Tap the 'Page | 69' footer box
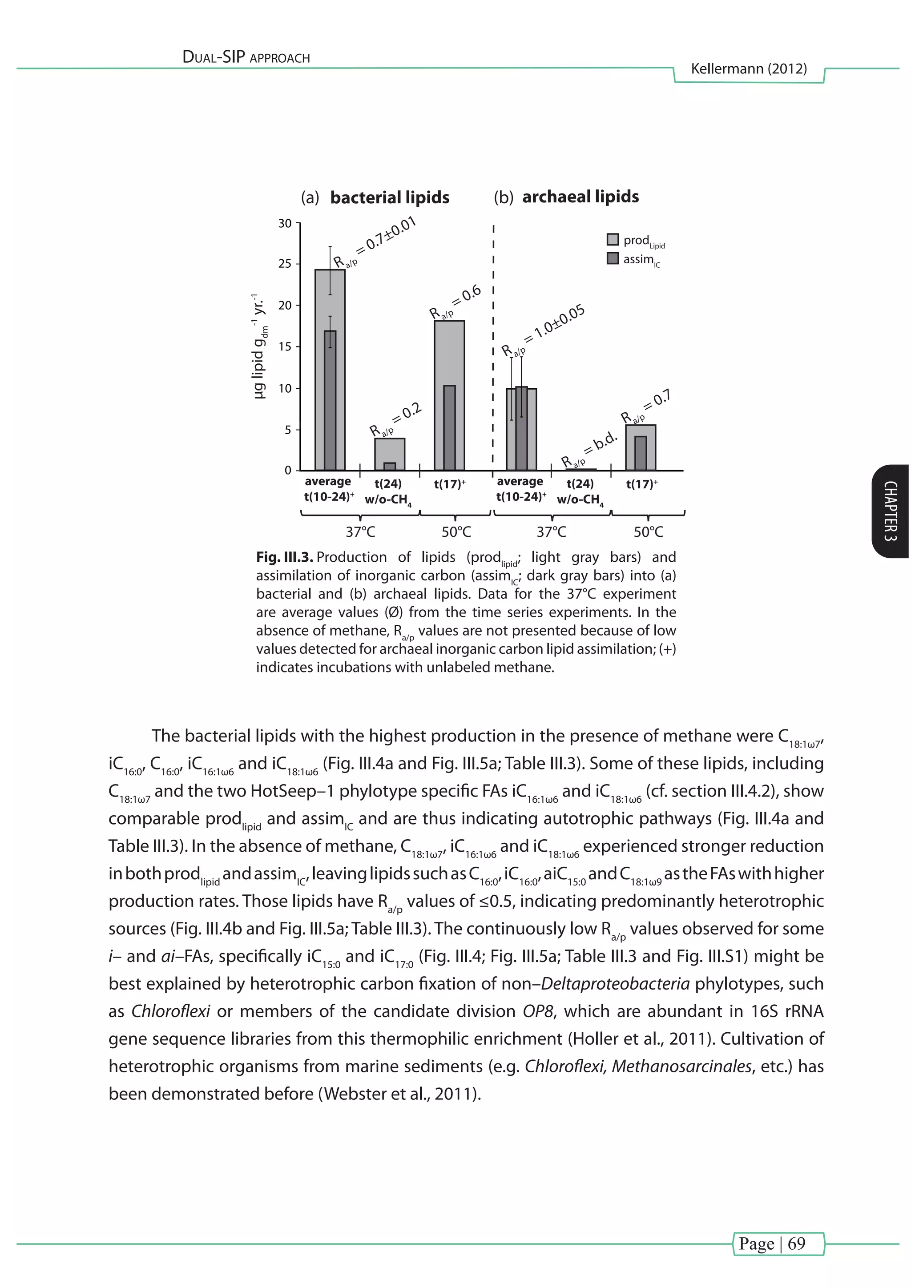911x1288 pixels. click(778, 1244)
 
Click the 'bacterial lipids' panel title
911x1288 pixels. click(389, 197)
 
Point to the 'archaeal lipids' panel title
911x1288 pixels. click(580, 197)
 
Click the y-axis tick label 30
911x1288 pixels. click(285, 224)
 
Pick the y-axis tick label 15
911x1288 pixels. click(285, 346)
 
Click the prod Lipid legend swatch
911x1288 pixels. click(613, 240)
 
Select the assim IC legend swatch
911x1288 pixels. click(613, 258)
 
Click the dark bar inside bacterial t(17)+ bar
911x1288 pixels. click(449, 427)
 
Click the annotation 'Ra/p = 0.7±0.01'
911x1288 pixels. click(374, 242)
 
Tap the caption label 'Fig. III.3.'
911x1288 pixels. click(284, 557)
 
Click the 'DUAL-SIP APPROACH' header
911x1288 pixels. click(246, 57)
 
